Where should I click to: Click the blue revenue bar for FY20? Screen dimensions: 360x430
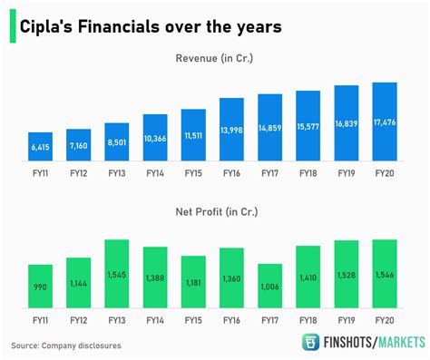385,122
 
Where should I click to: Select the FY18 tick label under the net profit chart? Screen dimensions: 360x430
308,320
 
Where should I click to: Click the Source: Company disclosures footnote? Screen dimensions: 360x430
65,345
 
